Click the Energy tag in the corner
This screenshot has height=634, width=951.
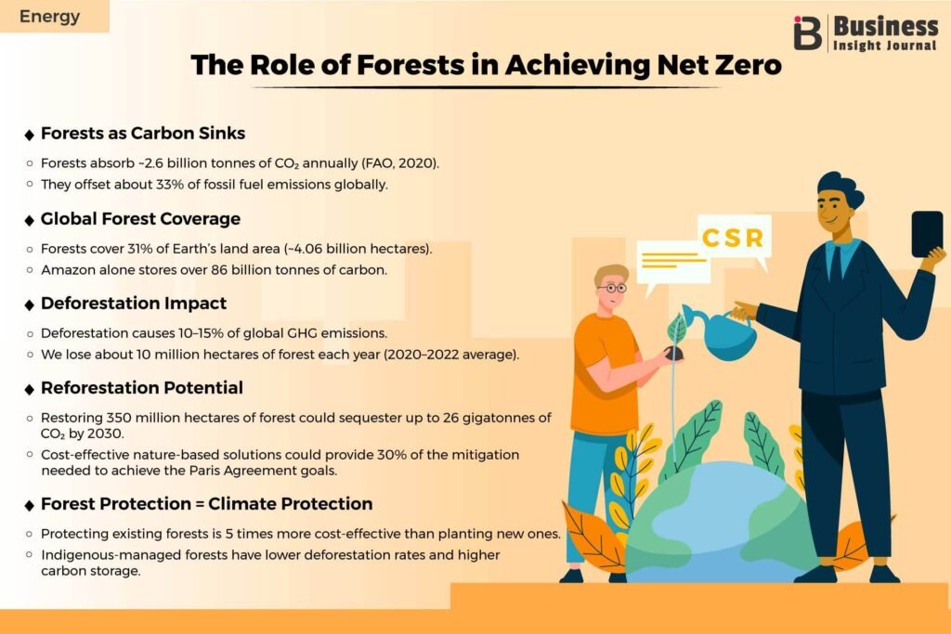50,17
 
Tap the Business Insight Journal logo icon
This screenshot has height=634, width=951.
808,32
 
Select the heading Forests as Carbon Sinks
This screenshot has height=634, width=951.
142,134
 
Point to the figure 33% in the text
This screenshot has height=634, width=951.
170,185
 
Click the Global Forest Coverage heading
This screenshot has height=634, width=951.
140,219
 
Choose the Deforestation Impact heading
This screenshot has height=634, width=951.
134,303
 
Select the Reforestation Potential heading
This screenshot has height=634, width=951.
142,388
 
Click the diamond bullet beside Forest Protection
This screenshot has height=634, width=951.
29,505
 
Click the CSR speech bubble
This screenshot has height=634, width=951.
734,239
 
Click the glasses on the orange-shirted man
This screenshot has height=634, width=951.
613,289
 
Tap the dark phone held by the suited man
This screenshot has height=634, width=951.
927,233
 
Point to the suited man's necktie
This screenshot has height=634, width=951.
836,265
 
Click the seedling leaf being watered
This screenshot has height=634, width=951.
676,330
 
